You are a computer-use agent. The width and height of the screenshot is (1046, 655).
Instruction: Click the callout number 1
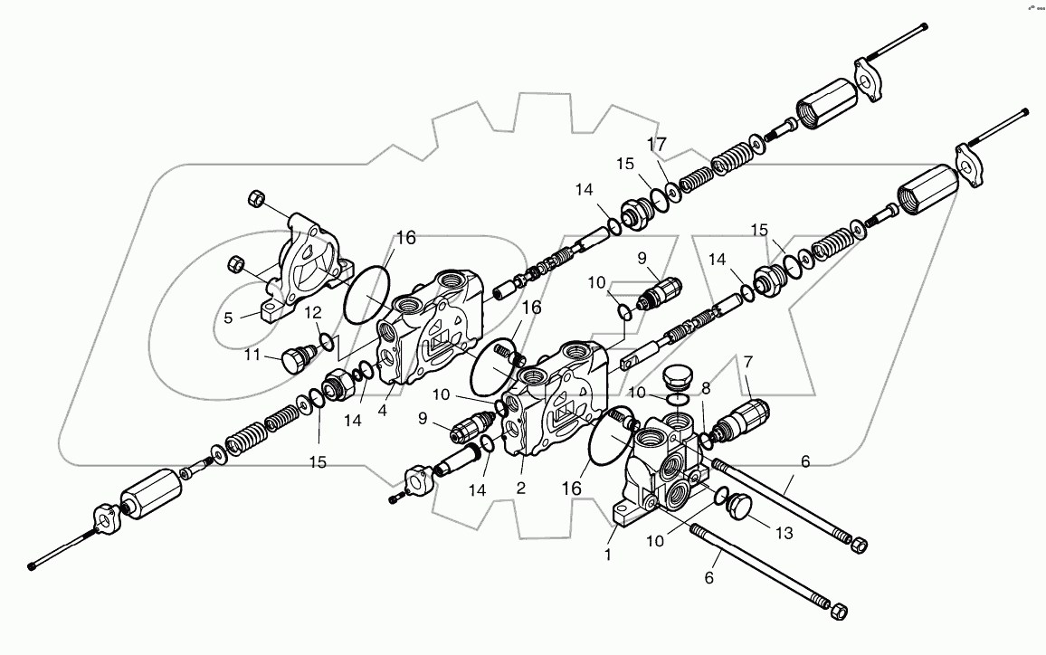608,555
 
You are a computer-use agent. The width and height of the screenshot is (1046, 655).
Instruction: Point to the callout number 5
228,318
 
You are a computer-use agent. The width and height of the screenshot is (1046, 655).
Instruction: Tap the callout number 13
784,533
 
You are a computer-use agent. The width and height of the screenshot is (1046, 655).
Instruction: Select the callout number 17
656,145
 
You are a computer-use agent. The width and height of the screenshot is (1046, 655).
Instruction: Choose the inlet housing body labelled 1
665,470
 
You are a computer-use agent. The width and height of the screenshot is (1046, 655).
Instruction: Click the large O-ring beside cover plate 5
366,292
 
